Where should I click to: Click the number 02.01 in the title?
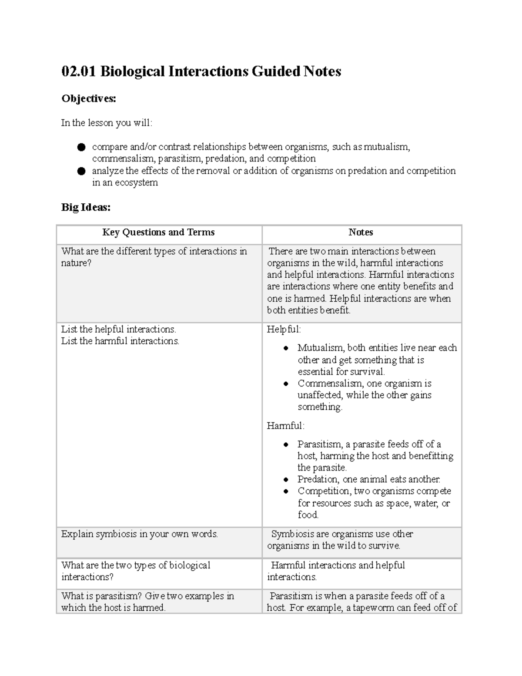tap(79, 71)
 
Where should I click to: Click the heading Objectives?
tap(89, 99)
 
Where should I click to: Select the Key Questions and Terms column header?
tap(158, 232)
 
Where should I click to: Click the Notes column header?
tap(361, 232)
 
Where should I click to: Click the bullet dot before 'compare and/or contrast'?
tap(81, 148)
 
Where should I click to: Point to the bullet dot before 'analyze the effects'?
tap(81, 171)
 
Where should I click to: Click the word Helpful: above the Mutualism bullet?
tap(284, 330)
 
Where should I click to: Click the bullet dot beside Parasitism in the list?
tap(286, 444)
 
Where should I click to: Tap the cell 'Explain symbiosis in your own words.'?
tap(139, 534)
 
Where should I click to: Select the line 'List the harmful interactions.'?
tap(120, 341)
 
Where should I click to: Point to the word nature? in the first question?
tap(76, 263)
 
